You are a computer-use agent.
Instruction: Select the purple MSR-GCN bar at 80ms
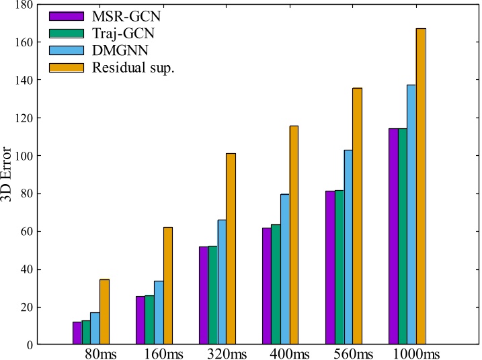click(77, 333)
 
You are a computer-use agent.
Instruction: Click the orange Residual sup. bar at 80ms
click(104, 312)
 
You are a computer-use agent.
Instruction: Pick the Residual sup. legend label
click(132, 68)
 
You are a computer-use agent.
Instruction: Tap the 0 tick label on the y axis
click(30, 345)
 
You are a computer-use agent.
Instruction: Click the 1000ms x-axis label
click(416, 354)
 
